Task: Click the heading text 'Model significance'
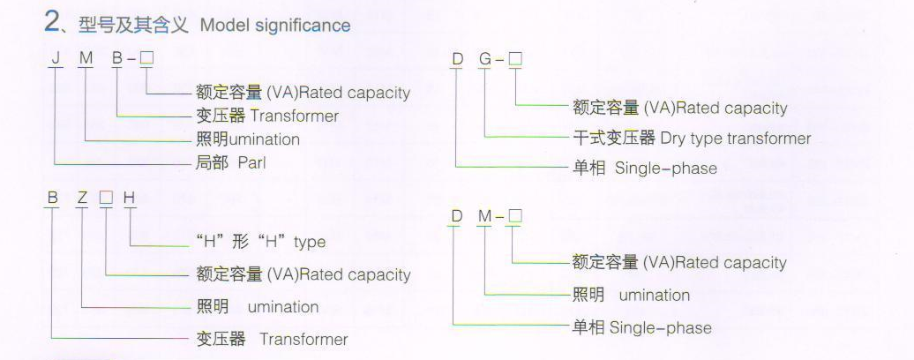[x=275, y=25]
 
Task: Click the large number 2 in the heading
[x=52, y=23]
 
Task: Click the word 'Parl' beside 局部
[x=251, y=162]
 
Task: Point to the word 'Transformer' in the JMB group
[x=294, y=116]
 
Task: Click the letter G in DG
[x=485, y=60]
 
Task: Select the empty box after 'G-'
[x=515, y=60]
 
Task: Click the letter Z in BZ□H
[x=81, y=199]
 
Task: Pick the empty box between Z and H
[x=105, y=199]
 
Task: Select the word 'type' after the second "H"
[x=309, y=242]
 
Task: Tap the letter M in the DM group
[x=485, y=216]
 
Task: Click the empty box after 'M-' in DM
[x=515, y=216]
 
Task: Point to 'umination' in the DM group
[x=654, y=295]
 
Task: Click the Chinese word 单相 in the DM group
[x=588, y=327]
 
